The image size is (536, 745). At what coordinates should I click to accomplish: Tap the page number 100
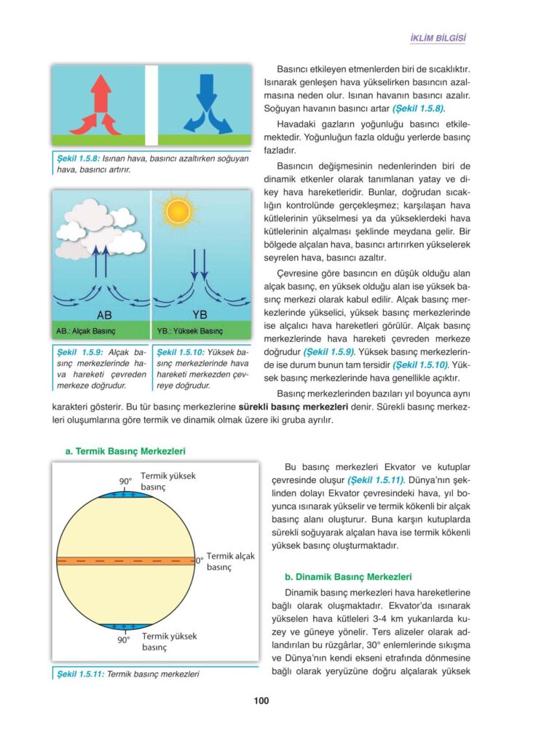click(x=261, y=701)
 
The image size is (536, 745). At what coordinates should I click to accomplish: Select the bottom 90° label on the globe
click(x=123, y=641)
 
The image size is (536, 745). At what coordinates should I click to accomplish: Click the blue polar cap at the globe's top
click(x=129, y=495)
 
